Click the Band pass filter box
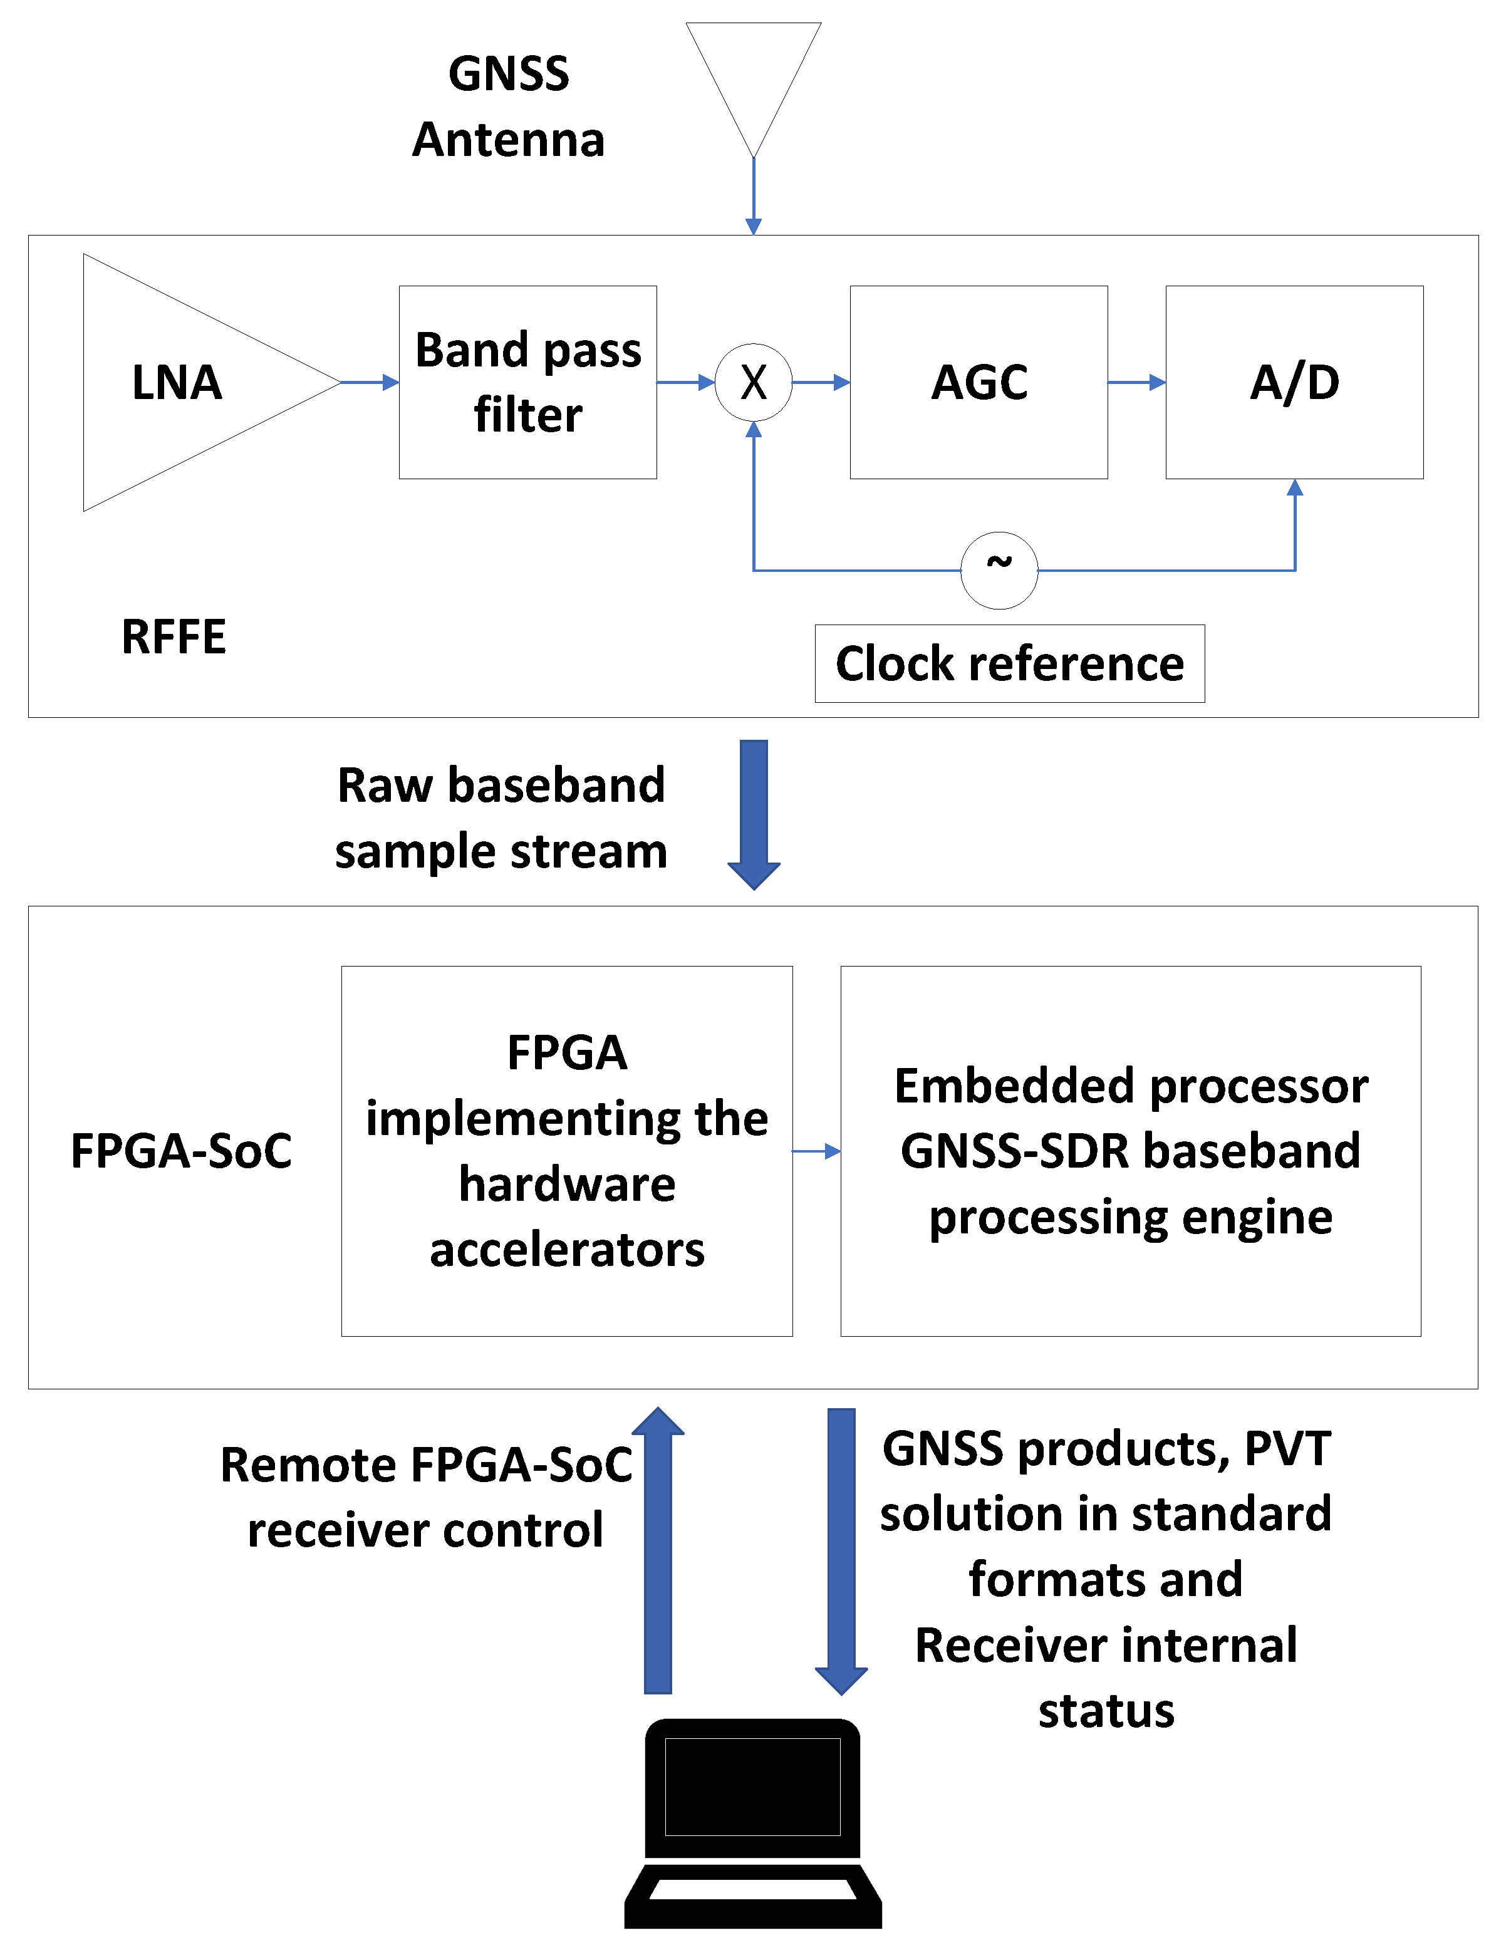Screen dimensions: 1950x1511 (x=527, y=382)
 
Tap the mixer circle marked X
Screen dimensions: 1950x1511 (x=753, y=382)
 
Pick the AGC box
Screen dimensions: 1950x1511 (x=979, y=382)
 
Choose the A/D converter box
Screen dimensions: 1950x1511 (x=1294, y=382)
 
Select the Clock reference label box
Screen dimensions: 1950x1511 (x=1009, y=663)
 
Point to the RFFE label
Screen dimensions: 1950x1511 (x=174, y=636)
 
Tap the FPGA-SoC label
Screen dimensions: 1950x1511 (x=181, y=1150)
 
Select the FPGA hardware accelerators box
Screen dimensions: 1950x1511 (x=566, y=1150)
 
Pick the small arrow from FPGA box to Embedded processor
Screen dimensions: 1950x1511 (x=816, y=1151)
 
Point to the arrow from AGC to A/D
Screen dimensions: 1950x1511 (x=1136, y=382)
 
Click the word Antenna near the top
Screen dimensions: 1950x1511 (x=508, y=140)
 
